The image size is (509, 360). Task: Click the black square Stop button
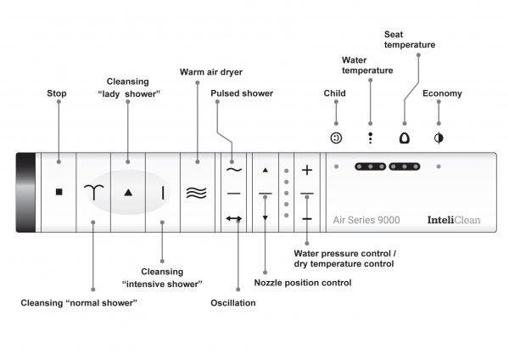click(59, 192)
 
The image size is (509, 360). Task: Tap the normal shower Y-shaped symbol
click(93, 193)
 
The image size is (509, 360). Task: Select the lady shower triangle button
click(128, 193)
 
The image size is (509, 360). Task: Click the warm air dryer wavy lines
click(196, 193)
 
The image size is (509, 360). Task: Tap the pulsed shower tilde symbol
click(234, 170)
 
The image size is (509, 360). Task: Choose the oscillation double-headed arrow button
click(234, 219)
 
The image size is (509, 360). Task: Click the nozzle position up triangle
click(266, 170)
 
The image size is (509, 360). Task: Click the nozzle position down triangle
click(266, 218)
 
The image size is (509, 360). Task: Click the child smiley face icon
click(336, 137)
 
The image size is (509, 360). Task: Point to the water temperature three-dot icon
click(370, 137)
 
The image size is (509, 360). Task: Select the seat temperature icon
click(404, 137)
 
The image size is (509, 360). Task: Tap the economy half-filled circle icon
click(439, 137)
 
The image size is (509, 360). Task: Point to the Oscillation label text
click(232, 302)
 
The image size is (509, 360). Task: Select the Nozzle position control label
click(303, 282)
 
